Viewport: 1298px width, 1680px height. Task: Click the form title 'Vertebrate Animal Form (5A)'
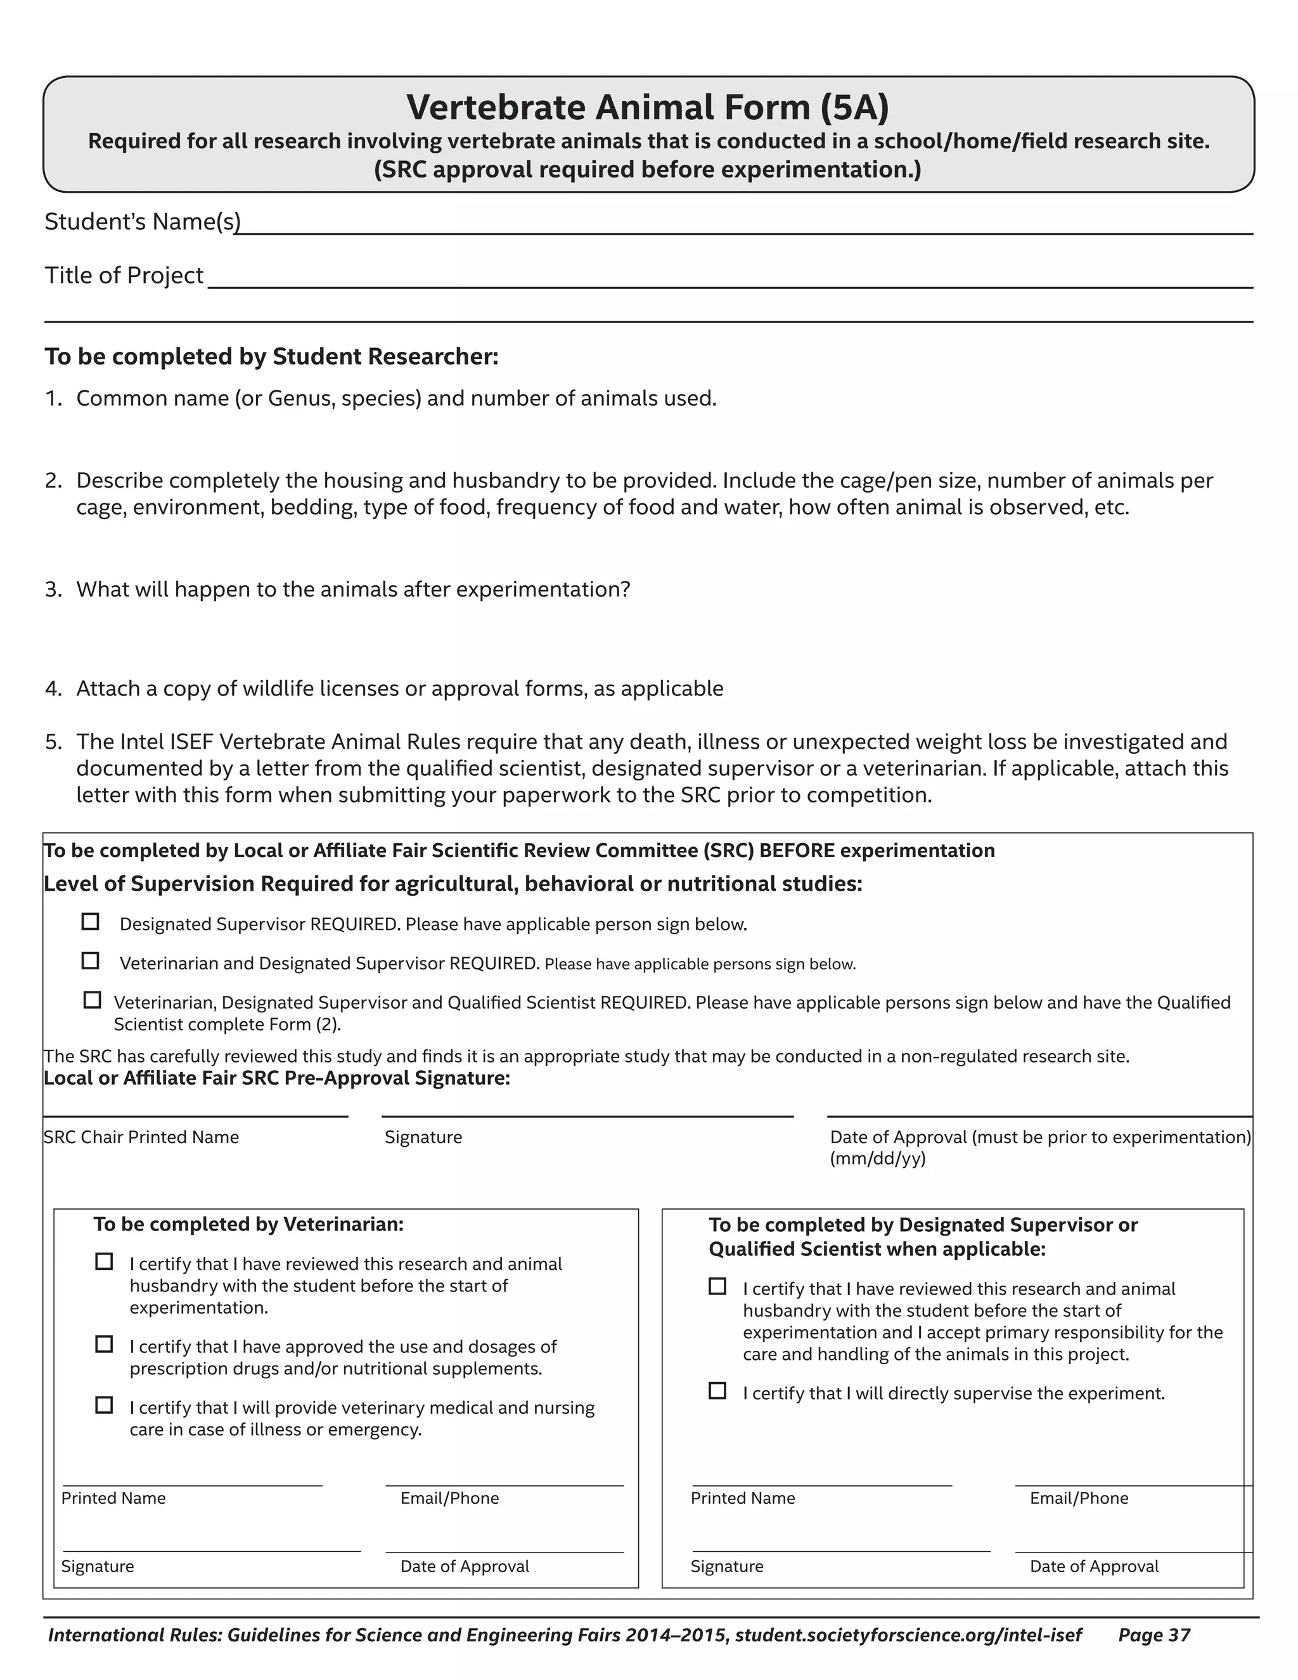point(648,108)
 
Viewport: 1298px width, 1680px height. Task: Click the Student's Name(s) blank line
point(743,228)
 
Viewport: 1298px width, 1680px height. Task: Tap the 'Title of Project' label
point(124,275)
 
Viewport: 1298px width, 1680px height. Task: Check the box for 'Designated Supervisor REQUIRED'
point(91,922)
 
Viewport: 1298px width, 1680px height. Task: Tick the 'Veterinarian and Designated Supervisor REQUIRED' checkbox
point(91,960)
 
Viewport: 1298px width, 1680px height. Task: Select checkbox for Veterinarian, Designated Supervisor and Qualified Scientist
point(93,1000)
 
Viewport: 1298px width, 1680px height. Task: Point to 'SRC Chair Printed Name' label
point(141,1137)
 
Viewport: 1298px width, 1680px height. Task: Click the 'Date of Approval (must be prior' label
point(1039,1137)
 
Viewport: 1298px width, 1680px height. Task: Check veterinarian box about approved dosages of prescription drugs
point(104,1344)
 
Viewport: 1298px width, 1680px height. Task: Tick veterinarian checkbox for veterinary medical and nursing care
point(104,1405)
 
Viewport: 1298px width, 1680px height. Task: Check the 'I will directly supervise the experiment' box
point(717,1390)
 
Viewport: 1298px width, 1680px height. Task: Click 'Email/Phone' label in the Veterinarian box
point(450,1497)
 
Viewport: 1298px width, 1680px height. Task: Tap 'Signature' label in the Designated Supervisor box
point(727,1566)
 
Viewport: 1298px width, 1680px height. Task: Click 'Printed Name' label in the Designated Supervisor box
point(743,1497)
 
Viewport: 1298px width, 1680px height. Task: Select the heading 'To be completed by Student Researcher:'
point(271,357)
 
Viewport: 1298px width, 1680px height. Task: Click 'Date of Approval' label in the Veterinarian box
point(465,1566)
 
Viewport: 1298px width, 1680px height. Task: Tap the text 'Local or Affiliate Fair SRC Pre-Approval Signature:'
point(277,1078)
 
